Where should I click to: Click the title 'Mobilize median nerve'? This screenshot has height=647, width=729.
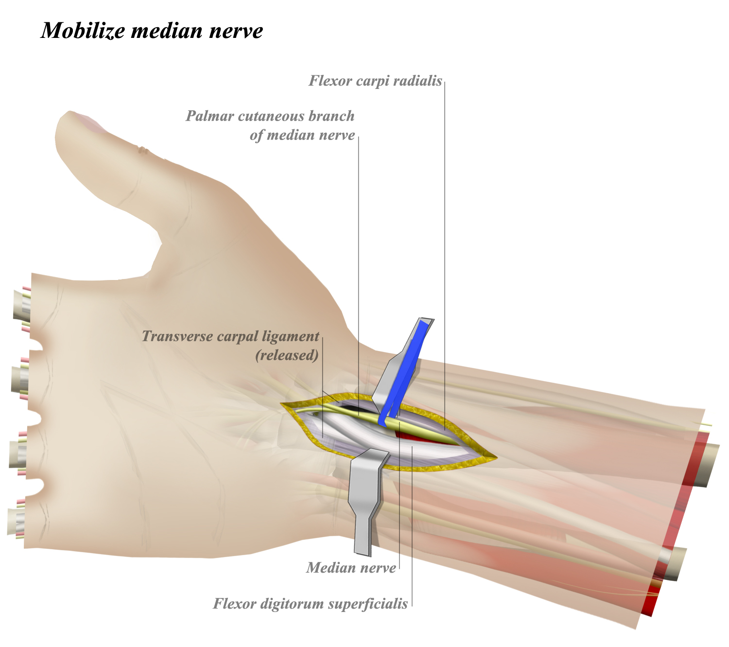point(152,30)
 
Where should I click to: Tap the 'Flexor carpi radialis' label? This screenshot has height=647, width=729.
point(375,81)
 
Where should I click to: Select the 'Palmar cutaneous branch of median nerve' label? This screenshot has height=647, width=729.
point(270,125)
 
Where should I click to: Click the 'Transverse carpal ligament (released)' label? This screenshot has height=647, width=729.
point(231,345)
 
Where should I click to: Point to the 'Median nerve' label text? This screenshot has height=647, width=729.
point(351,567)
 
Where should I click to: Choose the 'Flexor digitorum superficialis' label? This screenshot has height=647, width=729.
point(311,604)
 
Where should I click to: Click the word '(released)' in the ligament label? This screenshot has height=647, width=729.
point(287,355)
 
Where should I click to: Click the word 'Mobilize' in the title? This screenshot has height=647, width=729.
point(83,30)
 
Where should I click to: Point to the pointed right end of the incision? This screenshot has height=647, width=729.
point(495,458)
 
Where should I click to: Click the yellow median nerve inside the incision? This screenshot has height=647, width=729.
point(428,434)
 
